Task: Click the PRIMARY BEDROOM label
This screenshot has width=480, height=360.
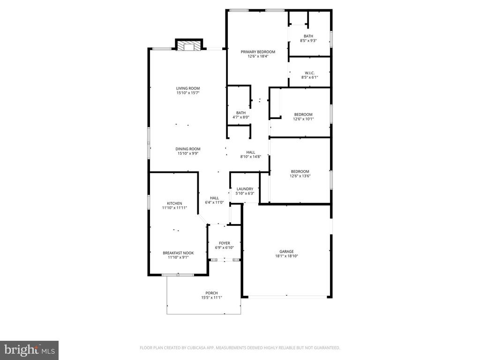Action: [x=258, y=52]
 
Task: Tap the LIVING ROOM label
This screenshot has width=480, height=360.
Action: [x=188, y=88]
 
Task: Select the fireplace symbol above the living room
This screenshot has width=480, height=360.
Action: [x=189, y=45]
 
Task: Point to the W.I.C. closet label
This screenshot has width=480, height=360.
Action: [x=309, y=73]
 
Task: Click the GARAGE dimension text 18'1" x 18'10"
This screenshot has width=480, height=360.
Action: [x=286, y=256]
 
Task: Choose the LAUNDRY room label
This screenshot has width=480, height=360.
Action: [x=245, y=189]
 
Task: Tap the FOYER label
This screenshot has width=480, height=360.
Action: [x=225, y=243]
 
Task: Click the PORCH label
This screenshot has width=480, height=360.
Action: [x=211, y=293]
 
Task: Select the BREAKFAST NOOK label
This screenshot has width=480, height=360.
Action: [x=178, y=253]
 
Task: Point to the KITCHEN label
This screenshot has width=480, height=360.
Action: [x=174, y=203]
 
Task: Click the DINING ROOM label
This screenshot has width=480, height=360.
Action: [x=188, y=149]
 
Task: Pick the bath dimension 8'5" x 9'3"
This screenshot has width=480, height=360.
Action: [x=308, y=41]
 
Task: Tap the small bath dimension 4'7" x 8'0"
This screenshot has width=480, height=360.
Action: [x=241, y=117]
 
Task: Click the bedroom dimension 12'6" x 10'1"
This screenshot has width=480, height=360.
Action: [x=303, y=119]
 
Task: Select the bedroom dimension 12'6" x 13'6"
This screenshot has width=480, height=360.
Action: [x=300, y=176]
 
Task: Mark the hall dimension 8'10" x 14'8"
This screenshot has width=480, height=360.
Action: [x=251, y=157]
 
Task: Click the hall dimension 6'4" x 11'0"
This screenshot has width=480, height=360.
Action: [x=214, y=202]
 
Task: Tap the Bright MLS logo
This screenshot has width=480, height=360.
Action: [x=29, y=350]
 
